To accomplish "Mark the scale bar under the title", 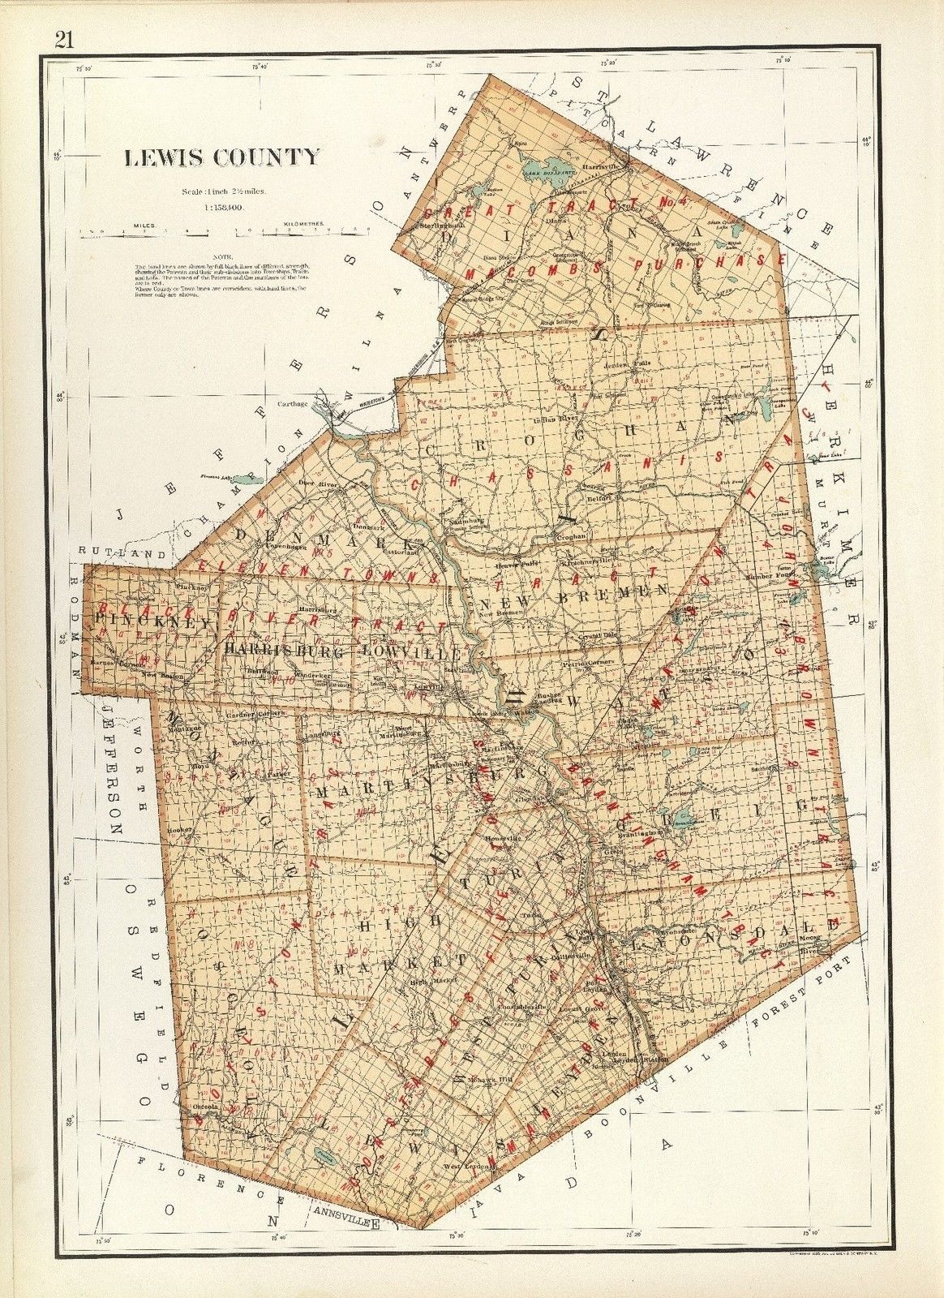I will pos(223,231).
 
